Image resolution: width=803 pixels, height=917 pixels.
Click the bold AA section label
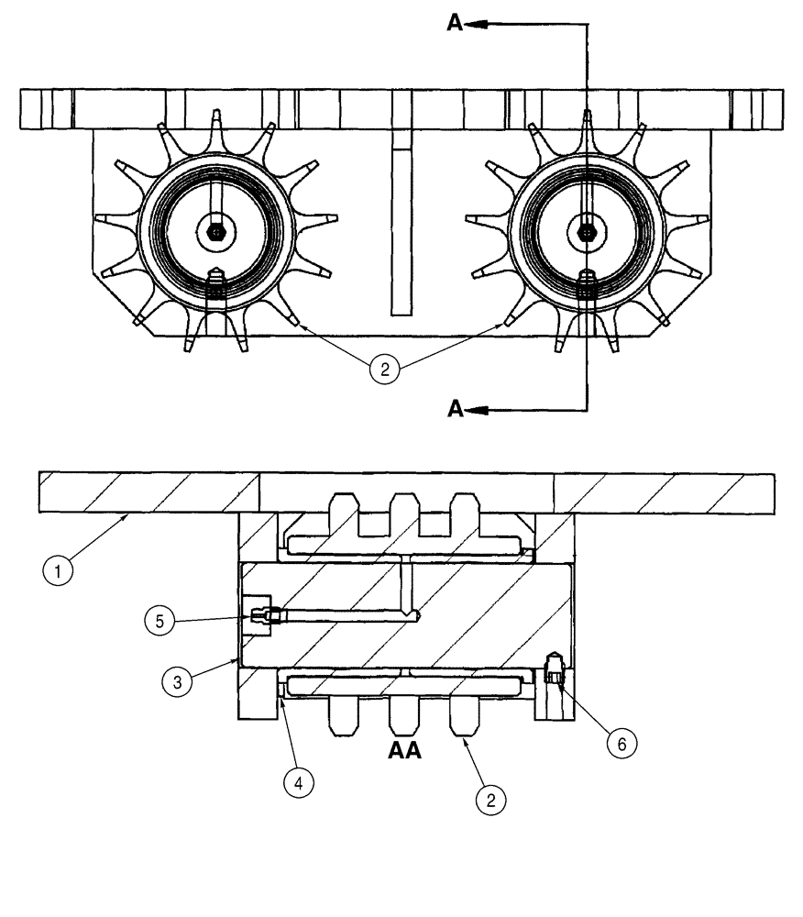pyautogui.click(x=404, y=752)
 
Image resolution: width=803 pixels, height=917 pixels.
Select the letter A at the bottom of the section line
pyautogui.click(x=456, y=410)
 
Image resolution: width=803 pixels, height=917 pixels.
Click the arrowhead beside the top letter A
pyautogui.click(x=475, y=25)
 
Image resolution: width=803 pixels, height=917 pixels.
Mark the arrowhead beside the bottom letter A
pyautogui.click(x=475, y=410)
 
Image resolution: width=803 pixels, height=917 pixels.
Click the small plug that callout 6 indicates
pyautogui.click(x=553, y=670)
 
